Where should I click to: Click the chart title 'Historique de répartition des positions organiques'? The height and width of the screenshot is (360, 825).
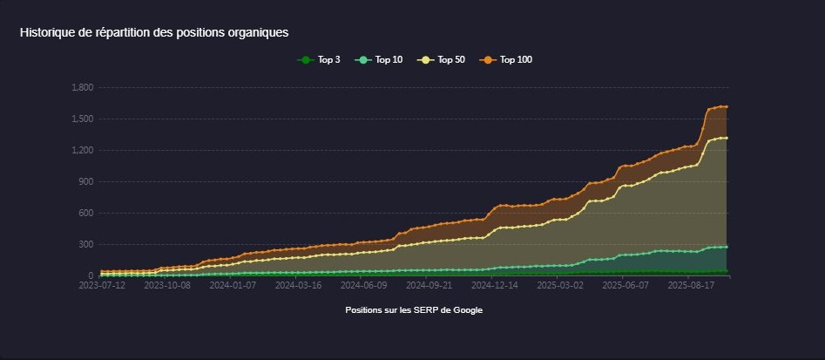pos(154,32)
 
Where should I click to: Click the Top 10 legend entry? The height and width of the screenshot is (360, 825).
pos(380,60)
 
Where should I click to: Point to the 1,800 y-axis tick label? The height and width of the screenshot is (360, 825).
pos(83,87)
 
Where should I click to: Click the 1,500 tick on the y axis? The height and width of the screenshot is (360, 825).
pos(83,119)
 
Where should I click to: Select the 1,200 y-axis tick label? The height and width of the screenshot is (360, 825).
pos(83,150)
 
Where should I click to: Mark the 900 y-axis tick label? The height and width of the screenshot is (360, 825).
pos(86,181)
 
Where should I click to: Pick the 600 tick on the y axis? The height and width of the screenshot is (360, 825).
pos(86,213)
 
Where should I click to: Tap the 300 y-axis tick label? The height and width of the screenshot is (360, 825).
pos(86,244)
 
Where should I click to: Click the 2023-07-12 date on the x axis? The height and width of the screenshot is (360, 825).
pos(102,284)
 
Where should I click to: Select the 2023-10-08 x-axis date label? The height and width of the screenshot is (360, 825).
pos(167,284)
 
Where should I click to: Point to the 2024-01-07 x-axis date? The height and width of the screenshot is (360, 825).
pos(233,284)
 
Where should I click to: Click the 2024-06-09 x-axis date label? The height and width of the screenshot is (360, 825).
pos(363,284)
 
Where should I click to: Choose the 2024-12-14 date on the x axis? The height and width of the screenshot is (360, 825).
pos(494,284)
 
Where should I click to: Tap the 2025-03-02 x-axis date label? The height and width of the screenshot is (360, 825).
pos(560,284)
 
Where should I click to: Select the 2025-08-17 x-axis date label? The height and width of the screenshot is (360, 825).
pos(691,284)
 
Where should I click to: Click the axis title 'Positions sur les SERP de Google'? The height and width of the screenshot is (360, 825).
pos(413,310)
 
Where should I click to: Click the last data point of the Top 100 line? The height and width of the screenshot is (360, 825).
pos(727,106)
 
